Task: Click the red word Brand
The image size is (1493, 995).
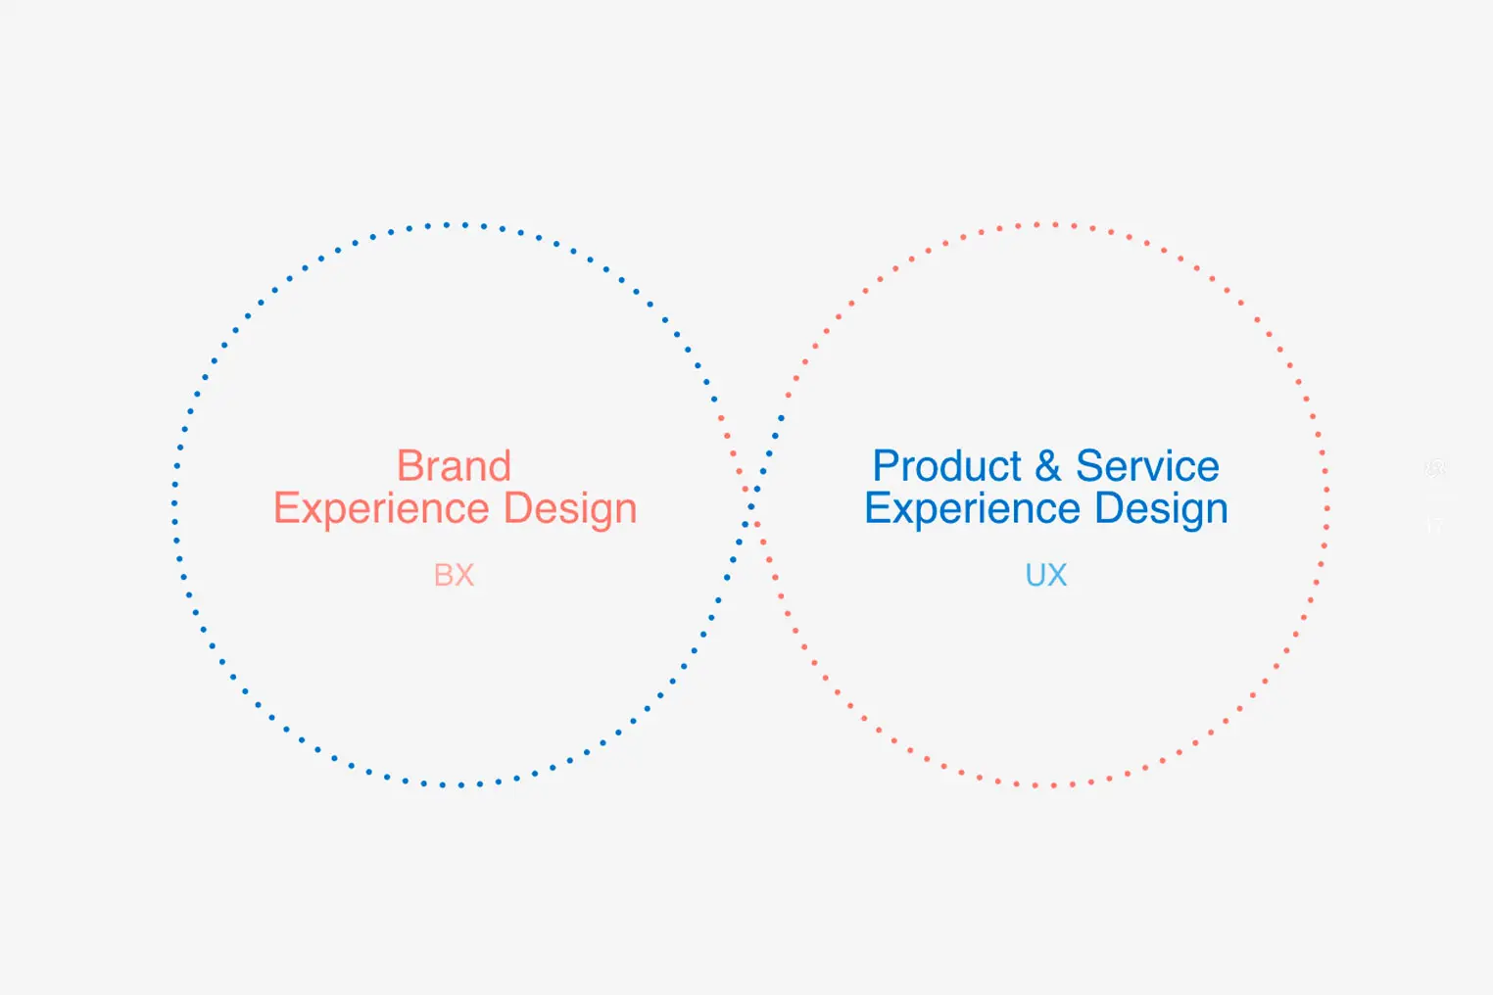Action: [454, 465]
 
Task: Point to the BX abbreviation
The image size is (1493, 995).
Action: [454, 575]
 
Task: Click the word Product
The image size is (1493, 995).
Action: [947, 465]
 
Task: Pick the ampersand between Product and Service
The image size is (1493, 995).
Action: [1048, 465]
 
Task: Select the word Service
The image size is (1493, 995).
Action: [1147, 465]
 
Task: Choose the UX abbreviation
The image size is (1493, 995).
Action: [1046, 575]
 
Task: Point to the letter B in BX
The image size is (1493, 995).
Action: [443, 575]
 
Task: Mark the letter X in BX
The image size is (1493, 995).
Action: [464, 575]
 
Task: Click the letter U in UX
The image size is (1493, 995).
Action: [1035, 575]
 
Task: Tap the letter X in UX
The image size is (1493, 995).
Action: [1057, 575]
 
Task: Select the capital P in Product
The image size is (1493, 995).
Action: [886, 465]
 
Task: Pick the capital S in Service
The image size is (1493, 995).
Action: [1089, 465]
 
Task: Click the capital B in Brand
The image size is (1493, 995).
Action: [410, 465]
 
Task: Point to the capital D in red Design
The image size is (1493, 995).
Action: [518, 508]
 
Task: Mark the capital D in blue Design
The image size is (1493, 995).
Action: [1109, 508]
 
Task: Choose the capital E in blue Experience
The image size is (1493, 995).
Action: [877, 508]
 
